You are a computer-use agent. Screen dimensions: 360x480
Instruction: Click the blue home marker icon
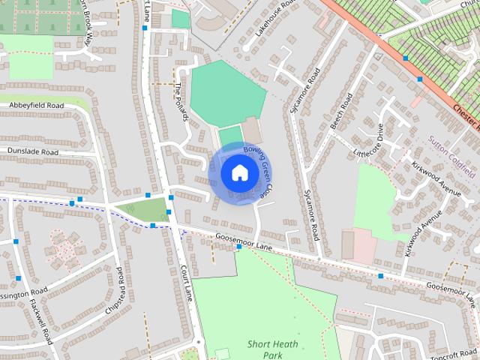pos(239,172)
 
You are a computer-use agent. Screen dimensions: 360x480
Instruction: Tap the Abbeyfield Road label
pos(36,106)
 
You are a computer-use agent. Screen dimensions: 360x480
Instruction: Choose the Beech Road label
pos(341,111)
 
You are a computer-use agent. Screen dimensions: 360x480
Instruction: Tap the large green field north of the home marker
pos(226,94)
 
